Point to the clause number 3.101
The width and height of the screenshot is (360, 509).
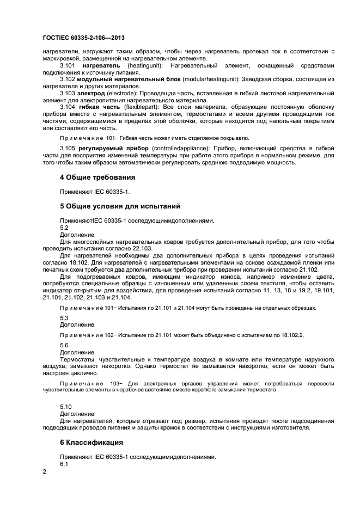68,65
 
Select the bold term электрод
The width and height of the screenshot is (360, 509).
91,93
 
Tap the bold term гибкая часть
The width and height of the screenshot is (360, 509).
95,107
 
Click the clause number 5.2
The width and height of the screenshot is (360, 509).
64,228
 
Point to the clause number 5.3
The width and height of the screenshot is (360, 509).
64,318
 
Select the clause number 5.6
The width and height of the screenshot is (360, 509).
64,346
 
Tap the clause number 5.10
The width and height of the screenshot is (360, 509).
65,406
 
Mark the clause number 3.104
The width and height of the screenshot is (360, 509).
68,107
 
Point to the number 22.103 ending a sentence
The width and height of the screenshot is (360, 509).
141,248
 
